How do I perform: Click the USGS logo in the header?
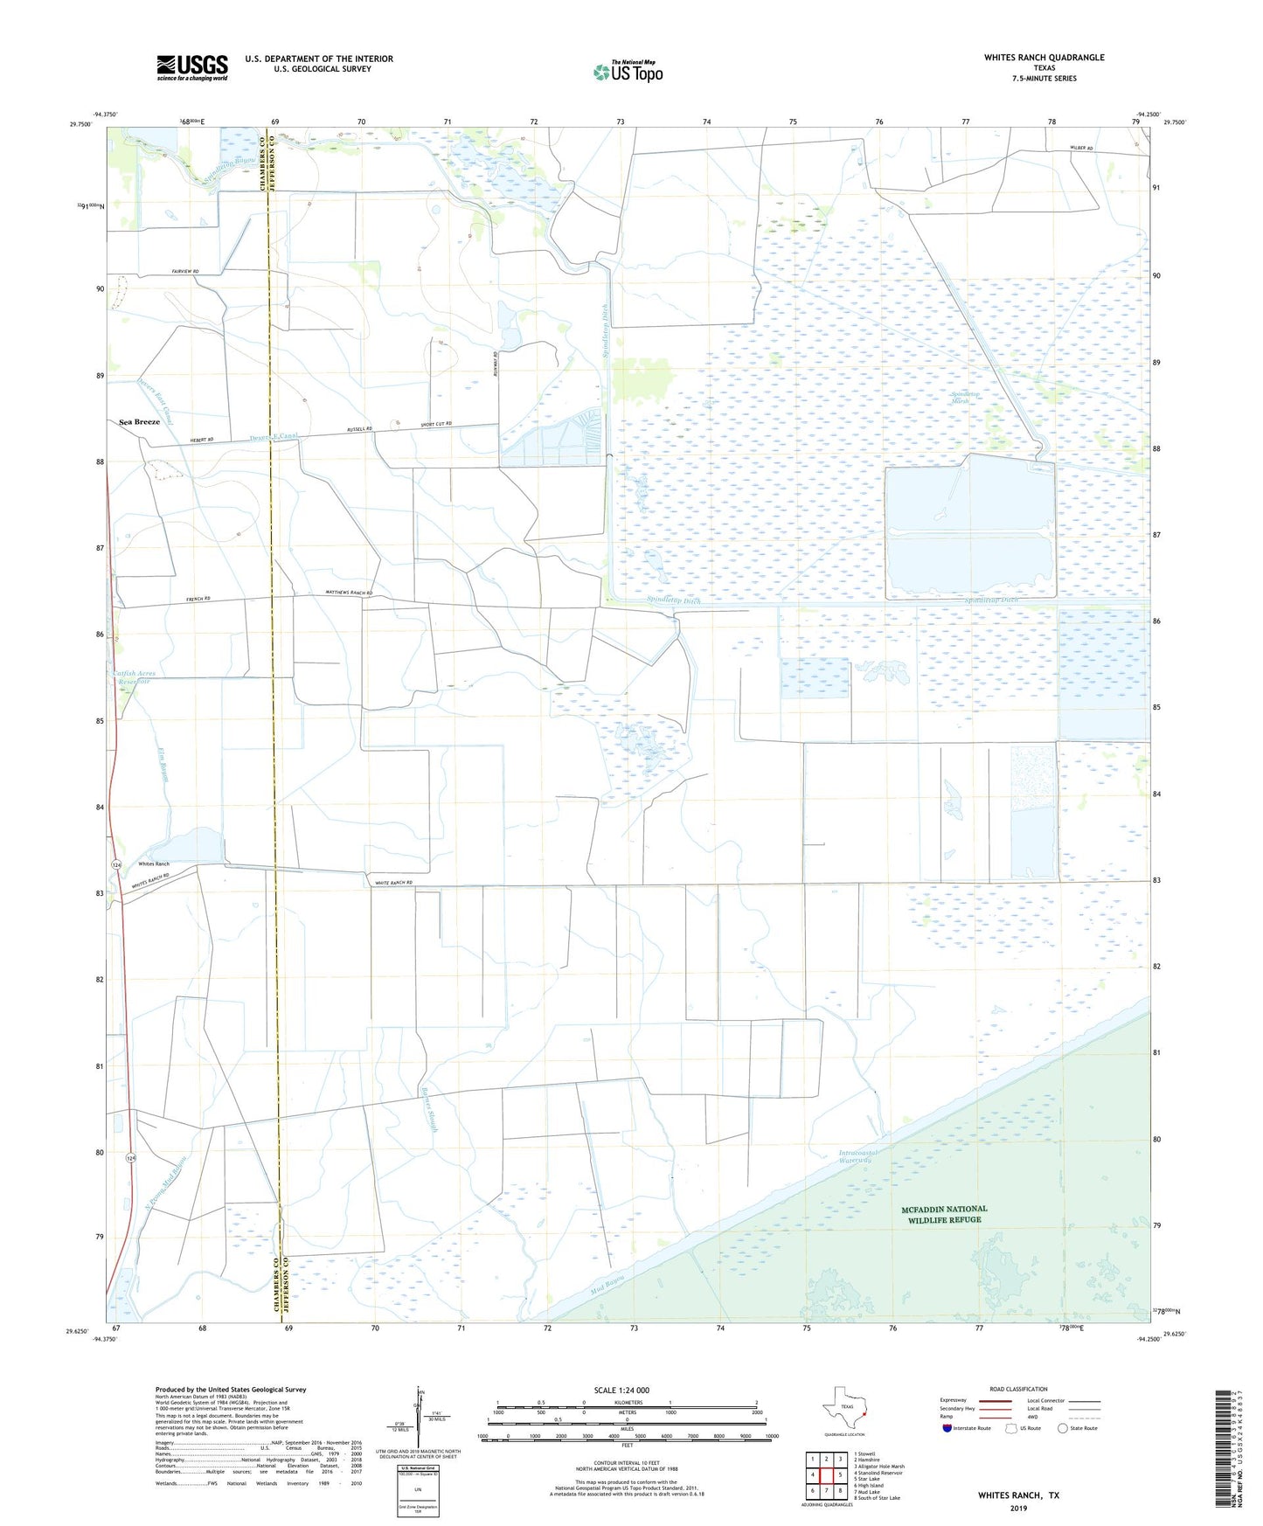(x=192, y=67)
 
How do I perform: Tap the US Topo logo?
(x=628, y=72)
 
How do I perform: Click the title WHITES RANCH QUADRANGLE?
(x=1044, y=58)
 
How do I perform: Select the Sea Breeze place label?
(x=140, y=422)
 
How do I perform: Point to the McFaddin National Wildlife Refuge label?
(x=944, y=1214)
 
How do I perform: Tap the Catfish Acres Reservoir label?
(x=134, y=677)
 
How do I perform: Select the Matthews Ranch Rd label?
(x=349, y=593)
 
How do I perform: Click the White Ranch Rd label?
(x=393, y=883)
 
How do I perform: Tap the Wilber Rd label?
(x=1081, y=149)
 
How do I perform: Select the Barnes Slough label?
(x=429, y=1109)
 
